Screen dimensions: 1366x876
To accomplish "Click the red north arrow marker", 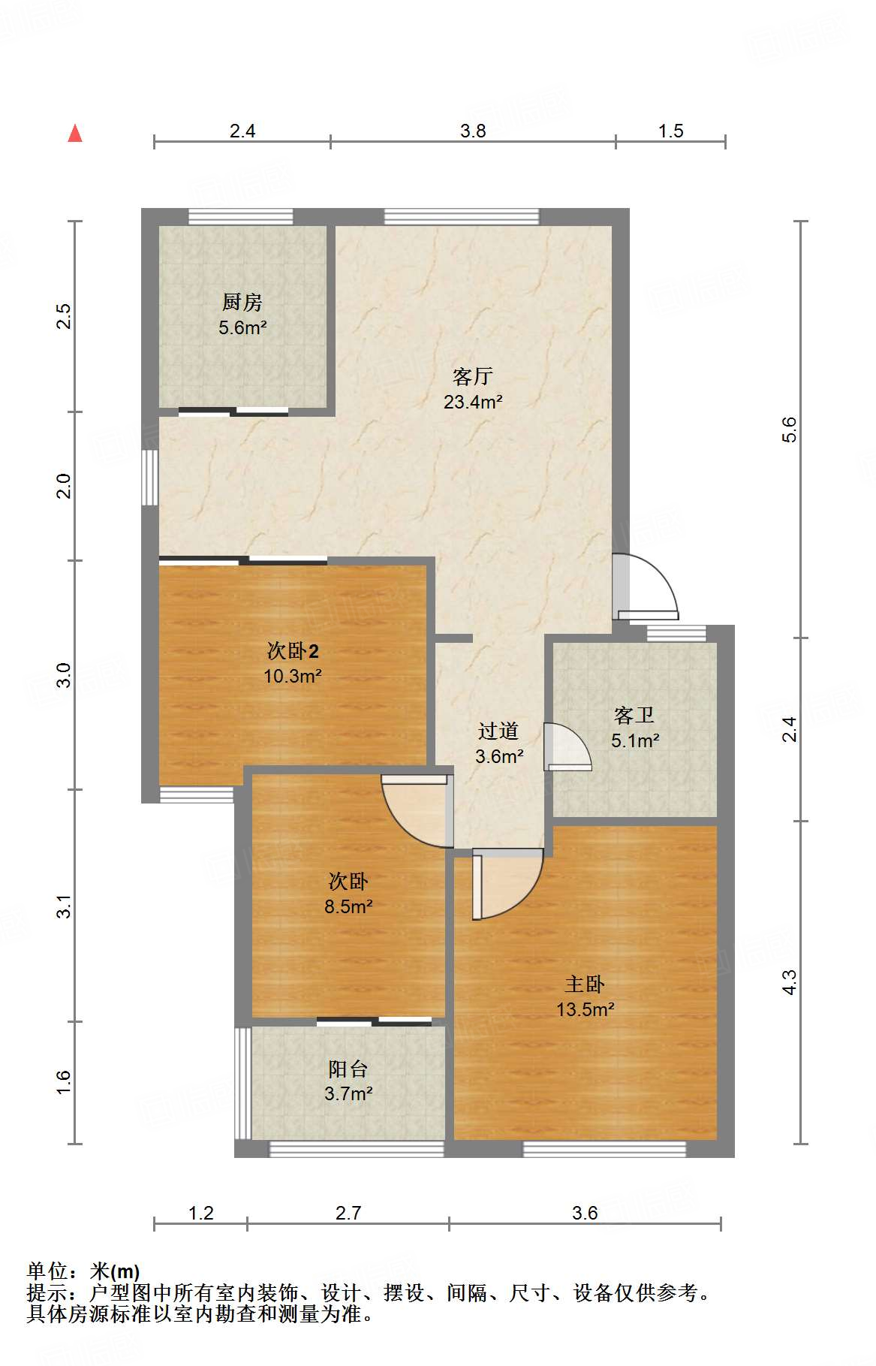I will pyautogui.click(x=75, y=134).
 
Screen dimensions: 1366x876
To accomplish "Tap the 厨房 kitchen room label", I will pyautogui.click(x=242, y=302).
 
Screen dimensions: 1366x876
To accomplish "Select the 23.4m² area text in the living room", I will pyautogui.click(x=473, y=402).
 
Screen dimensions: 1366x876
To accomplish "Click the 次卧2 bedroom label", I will pyautogui.click(x=293, y=650).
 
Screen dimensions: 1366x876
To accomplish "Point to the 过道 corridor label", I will pyautogui.click(x=498, y=731).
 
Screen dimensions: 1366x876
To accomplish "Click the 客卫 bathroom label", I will pyautogui.click(x=634, y=715).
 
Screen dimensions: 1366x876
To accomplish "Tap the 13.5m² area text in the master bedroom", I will pyautogui.click(x=586, y=1009).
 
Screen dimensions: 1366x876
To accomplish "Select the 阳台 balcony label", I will pyautogui.click(x=348, y=1069).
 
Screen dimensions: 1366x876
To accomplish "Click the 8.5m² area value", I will pyautogui.click(x=348, y=906).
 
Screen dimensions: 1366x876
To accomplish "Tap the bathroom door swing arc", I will pyautogui.click(x=567, y=746).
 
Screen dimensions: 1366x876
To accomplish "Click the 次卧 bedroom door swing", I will pyautogui.click(x=417, y=812).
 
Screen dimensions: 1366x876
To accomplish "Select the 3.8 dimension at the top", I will pyautogui.click(x=473, y=131).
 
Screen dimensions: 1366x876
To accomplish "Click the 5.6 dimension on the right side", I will pyautogui.click(x=789, y=430).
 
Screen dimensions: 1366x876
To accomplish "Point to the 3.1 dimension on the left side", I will pyautogui.click(x=65, y=906).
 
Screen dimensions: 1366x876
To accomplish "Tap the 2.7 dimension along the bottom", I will pyautogui.click(x=348, y=1213).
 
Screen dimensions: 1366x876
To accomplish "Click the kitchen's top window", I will pyautogui.click(x=240, y=217).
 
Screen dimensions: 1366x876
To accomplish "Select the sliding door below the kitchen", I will pyautogui.click(x=233, y=411).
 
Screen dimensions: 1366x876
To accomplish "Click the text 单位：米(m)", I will pyautogui.click(x=83, y=1271).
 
